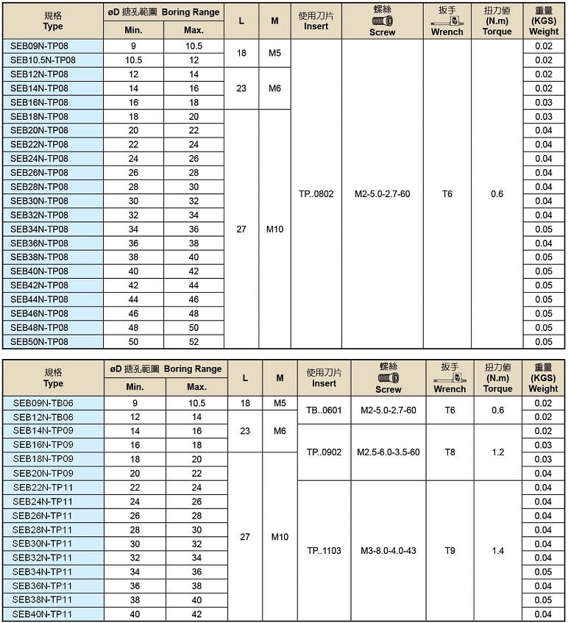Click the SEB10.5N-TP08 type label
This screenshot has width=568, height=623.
click(x=43, y=60)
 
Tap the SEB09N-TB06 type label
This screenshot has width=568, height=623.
click(x=43, y=403)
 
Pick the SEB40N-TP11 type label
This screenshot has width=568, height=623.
click(x=43, y=614)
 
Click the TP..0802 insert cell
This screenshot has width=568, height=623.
click(x=316, y=194)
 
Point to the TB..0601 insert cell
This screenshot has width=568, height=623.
click(x=324, y=410)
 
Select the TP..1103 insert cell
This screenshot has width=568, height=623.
click(x=324, y=550)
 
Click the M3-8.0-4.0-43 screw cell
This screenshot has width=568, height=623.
click(x=388, y=550)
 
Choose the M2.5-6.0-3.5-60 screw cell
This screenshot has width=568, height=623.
click(x=388, y=452)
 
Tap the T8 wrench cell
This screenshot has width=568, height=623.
click(x=450, y=452)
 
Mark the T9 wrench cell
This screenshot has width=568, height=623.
click(x=450, y=550)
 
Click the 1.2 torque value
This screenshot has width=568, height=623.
click(x=498, y=452)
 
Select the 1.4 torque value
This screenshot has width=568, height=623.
click(x=498, y=550)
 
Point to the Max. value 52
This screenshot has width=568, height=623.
click(x=194, y=341)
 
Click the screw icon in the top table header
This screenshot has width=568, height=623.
click(x=383, y=21)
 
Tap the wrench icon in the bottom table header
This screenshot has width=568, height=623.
click(x=450, y=377)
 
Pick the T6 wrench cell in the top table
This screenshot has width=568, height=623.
click(x=447, y=194)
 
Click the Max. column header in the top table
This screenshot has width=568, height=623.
click(x=194, y=31)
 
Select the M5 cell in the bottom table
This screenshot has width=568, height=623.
click(x=280, y=403)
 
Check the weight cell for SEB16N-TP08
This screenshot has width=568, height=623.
click(x=544, y=102)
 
